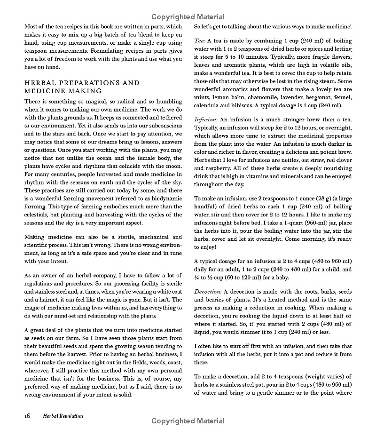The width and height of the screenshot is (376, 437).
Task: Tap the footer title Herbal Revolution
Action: [63, 416]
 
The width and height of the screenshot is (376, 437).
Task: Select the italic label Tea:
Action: [201, 41]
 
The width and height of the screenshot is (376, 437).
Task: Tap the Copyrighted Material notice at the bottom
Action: [188, 421]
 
